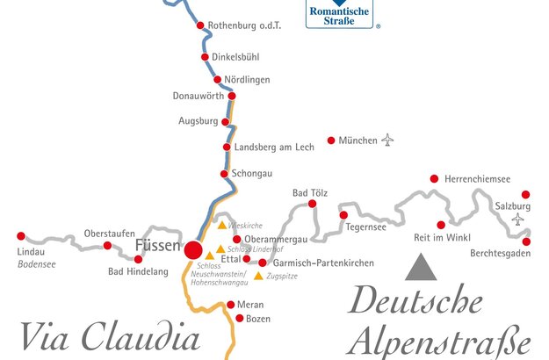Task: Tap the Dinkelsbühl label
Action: tap(236, 58)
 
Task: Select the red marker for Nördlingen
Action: tap(217, 79)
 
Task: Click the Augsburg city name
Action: tap(198, 121)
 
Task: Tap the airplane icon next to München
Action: tap(388, 140)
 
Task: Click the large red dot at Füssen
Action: tap(193, 248)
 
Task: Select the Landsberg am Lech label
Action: tap(274, 148)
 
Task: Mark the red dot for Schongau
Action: tap(226, 173)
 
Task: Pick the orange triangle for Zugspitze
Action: tap(257, 276)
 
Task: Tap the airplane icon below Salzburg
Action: tap(517, 219)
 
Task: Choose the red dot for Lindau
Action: tap(21, 236)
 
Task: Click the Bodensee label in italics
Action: tap(38, 262)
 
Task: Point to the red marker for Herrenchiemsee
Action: tap(434, 178)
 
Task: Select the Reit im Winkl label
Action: tap(442, 238)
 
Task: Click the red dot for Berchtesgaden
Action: tap(526, 241)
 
